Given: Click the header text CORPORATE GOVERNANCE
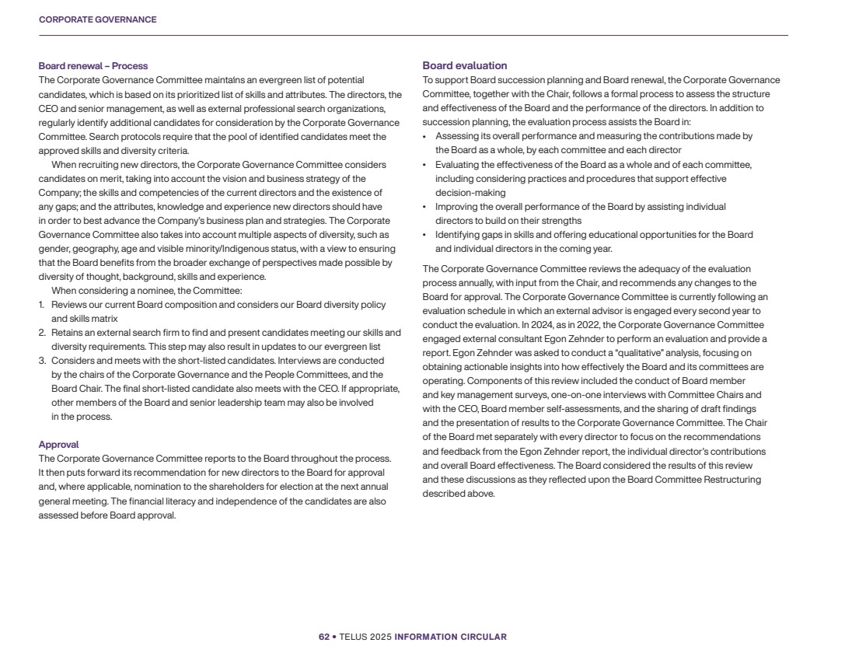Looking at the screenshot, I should click(97, 19).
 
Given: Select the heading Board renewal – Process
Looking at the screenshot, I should click(93, 66).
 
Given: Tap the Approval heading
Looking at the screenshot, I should click(59, 445).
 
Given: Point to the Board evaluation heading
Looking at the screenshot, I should click(465, 66).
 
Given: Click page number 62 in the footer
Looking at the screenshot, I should click(323, 637).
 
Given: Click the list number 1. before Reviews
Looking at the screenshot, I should click(42, 305).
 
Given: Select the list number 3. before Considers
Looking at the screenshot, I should click(42, 361).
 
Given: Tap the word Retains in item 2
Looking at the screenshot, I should click(67, 333).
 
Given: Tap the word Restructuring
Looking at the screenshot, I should click(732, 480).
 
